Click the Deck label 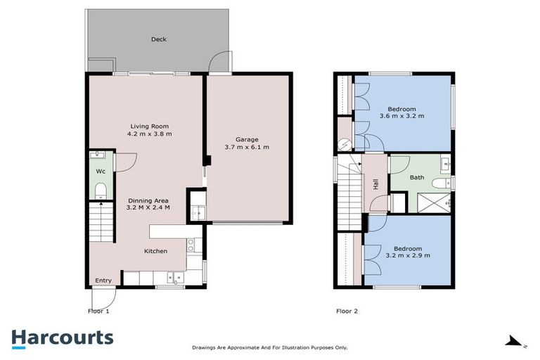coord(159,39)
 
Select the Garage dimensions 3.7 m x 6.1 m coord(247,148)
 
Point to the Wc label coord(100,171)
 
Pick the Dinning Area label coord(148,200)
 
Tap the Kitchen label coord(155,251)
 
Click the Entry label coord(103,281)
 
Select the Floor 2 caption coord(347,310)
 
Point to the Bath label coord(417,177)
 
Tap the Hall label coord(376,184)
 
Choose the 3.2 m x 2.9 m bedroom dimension coord(407,255)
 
